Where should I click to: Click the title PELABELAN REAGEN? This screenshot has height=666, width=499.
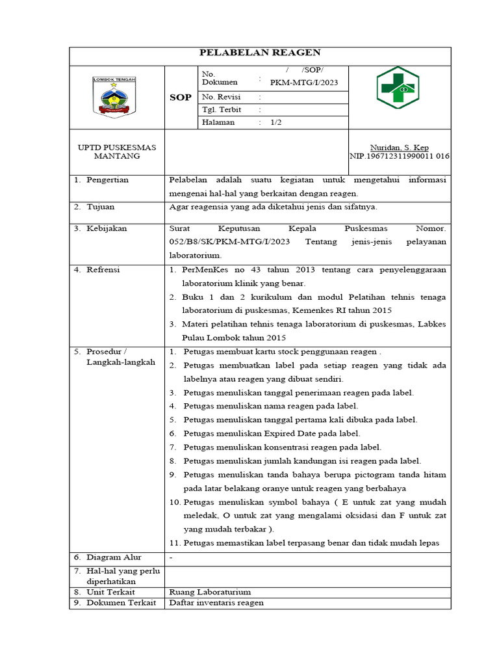point(260,53)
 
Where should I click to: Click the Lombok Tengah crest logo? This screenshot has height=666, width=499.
point(114,97)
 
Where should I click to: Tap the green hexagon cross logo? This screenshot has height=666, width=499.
point(398,87)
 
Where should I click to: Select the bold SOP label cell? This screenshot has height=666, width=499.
point(180,98)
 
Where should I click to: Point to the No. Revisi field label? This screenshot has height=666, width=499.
point(221,98)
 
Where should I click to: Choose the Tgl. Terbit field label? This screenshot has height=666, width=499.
point(222,110)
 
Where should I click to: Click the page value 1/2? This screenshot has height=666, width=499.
point(276,122)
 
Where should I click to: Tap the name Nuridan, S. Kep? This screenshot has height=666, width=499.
point(399,148)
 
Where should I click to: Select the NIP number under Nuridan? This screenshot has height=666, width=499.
point(400,156)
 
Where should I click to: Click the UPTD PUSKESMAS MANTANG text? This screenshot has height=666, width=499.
point(117,152)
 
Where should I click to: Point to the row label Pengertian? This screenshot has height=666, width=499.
point(107,180)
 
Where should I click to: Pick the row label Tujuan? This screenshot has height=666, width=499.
point(100,207)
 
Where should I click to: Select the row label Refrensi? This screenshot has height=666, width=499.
point(103,269)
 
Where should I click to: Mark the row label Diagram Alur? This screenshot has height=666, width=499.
point(114,557)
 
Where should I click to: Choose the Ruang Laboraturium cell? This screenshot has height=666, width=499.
point(210,592)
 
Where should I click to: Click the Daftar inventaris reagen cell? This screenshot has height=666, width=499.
point(216,603)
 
